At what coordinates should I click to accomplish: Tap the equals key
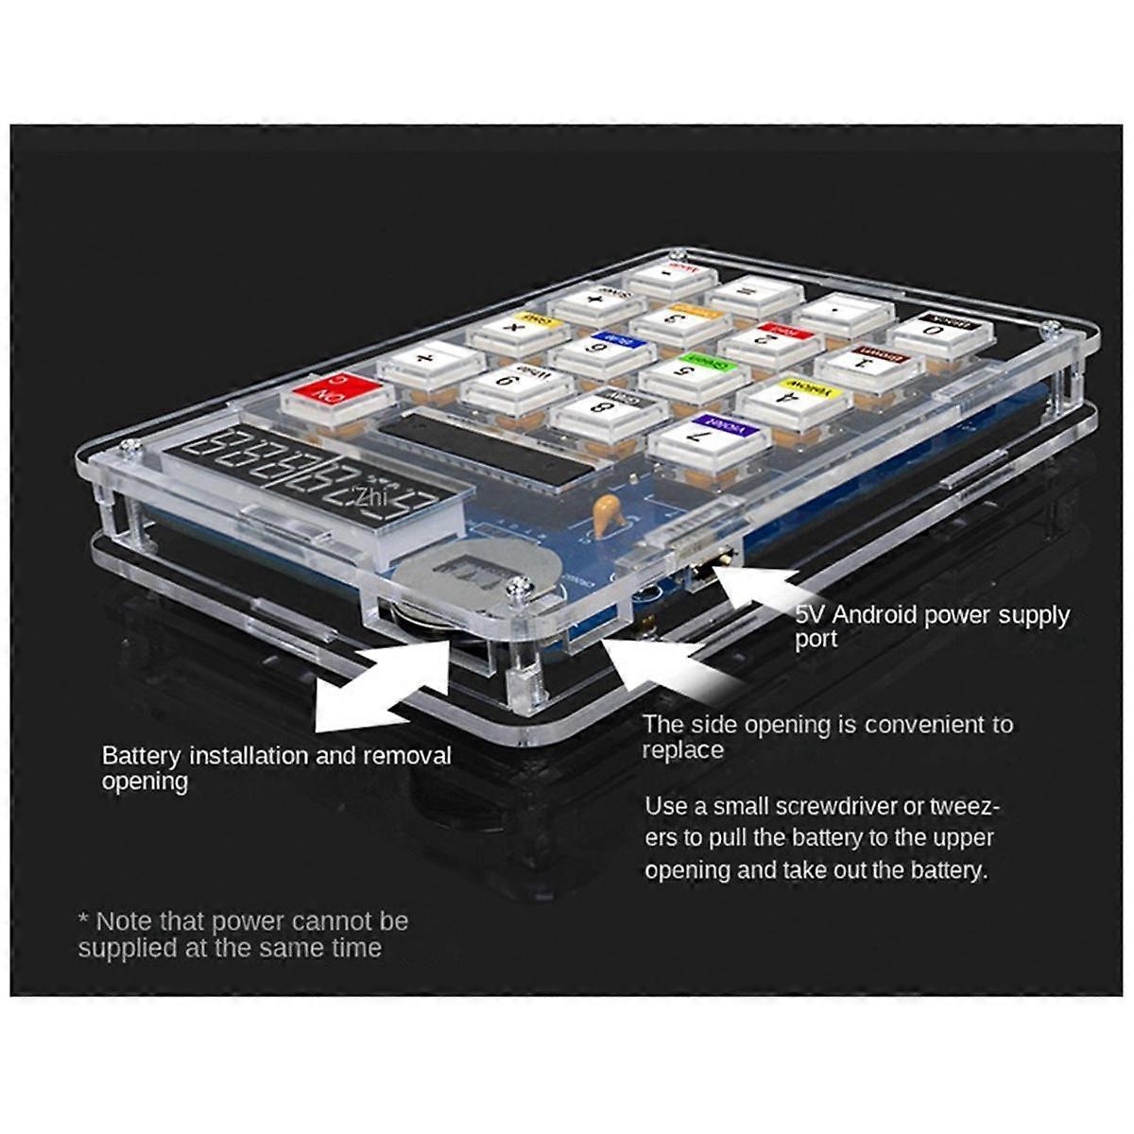[753, 295]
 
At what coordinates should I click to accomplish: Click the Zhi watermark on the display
[367, 495]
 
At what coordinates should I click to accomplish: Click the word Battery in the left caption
[142, 756]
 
